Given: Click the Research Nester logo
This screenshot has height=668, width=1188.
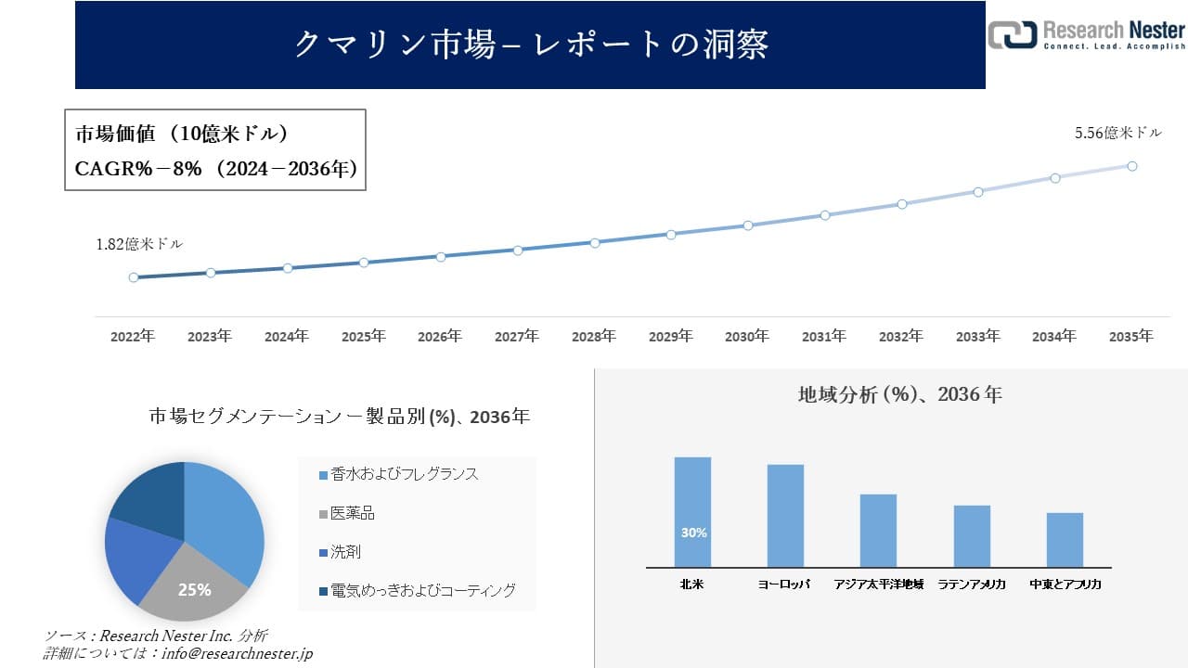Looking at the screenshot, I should point(1086,34).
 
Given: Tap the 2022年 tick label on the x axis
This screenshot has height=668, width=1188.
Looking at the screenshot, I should point(133,337).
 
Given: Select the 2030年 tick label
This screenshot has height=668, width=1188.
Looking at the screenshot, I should point(747,337).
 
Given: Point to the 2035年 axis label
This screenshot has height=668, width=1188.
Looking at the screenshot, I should point(1131,337).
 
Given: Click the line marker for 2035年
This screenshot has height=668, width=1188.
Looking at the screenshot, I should point(1132,166).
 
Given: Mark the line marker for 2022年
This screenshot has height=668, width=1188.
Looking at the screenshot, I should point(134,277).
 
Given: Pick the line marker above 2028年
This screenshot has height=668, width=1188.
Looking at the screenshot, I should point(595,242).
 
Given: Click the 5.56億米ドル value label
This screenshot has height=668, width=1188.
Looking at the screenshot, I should point(1117,134).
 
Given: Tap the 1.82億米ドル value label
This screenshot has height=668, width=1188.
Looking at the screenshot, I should point(139,245).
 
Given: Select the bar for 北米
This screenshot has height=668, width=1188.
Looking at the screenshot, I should point(692,511).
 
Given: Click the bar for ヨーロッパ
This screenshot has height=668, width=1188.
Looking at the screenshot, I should point(785,515).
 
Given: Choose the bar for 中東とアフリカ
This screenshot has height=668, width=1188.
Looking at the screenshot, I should point(1065,539).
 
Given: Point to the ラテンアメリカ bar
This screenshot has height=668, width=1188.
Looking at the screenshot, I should point(972,535).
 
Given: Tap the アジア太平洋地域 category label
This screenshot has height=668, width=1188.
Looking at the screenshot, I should point(878,584).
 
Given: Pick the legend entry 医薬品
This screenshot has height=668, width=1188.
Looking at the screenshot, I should point(353,513).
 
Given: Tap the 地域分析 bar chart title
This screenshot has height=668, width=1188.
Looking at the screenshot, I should point(899,394).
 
